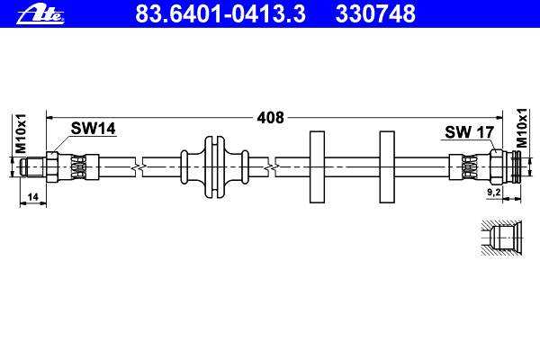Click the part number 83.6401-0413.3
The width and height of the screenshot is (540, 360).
point(220,13)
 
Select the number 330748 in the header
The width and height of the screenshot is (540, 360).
point(375,13)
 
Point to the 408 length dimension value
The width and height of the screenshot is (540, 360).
point(271,118)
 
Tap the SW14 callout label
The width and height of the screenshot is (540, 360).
point(93,129)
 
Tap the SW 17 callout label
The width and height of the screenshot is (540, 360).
point(469,132)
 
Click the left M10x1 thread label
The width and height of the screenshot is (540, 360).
point(20,133)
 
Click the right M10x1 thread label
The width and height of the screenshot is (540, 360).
point(522,128)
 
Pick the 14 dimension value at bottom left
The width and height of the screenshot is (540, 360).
point(32,197)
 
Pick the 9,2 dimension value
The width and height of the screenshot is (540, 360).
point(493,193)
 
